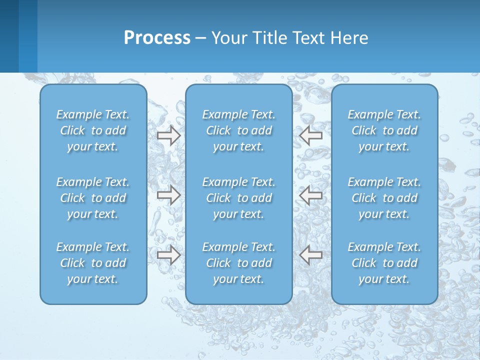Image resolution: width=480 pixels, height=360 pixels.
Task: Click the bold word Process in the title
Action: coord(157,38)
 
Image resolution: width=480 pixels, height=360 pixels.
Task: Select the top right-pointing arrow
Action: coord(168,135)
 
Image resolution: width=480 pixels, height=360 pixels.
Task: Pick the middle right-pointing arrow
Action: coord(168,195)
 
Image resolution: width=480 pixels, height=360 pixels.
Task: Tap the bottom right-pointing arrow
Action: coord(168,255)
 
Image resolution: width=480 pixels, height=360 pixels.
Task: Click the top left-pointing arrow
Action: coord(311,135)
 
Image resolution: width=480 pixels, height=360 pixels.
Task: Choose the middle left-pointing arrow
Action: coord(311,195)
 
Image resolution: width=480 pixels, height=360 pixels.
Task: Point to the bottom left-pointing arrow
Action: coord(311,255)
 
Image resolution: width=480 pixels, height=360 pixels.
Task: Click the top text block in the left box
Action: coord(93,130)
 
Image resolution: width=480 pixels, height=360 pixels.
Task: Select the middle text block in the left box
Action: coord(93,198)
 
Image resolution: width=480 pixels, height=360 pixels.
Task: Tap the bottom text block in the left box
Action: coord(93,263)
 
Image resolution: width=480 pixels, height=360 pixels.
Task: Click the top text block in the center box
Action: coord(238,130)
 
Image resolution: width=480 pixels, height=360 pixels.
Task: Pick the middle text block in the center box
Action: coord(238,198)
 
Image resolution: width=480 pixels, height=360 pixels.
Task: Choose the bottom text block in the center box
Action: coord(238,263)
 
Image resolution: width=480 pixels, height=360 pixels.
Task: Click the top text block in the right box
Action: coord(384,130)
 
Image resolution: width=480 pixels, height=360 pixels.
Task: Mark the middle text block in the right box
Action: coord(384,198)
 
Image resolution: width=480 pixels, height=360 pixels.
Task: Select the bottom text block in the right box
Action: coord(384,263)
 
